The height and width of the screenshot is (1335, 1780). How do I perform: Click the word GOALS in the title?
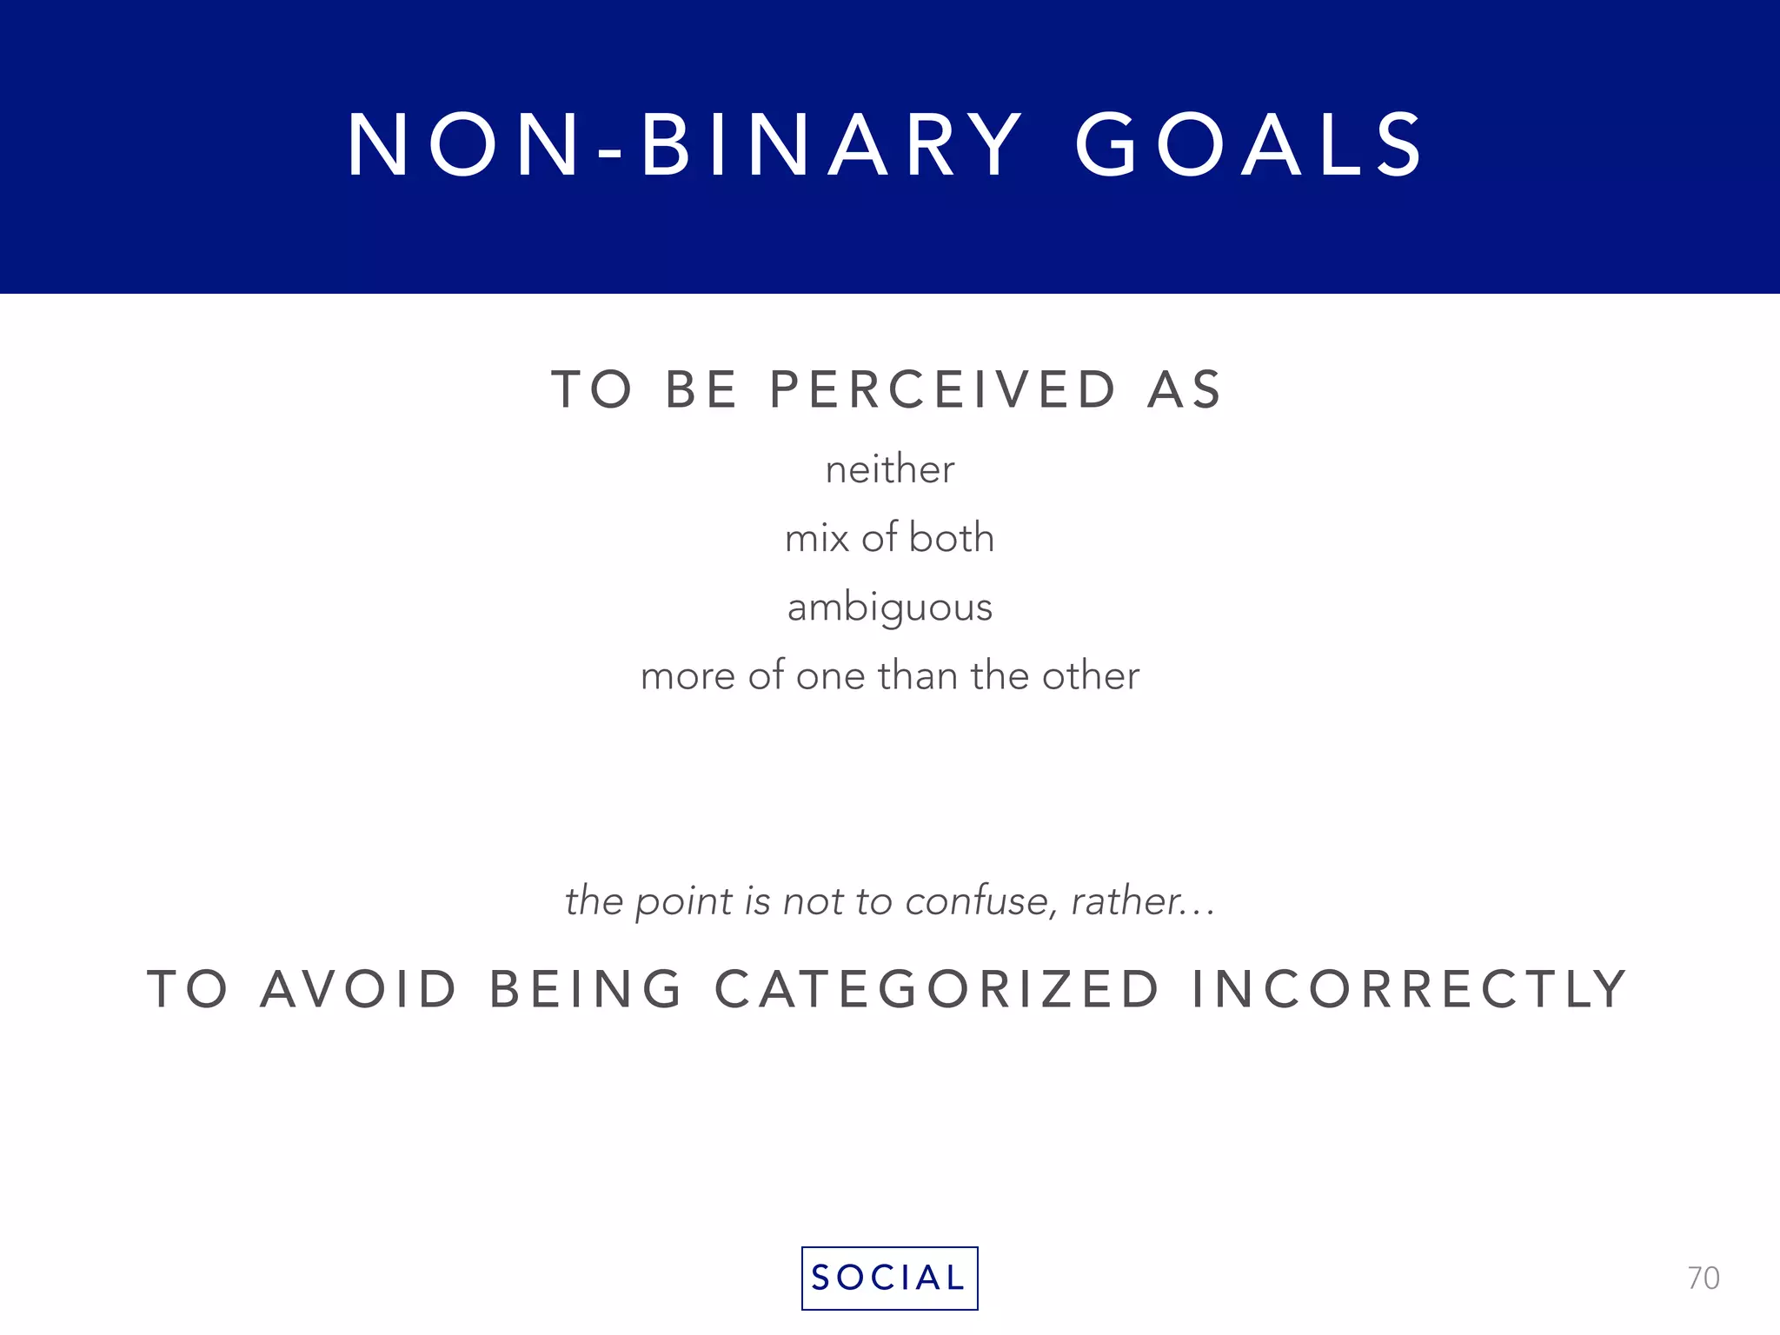pyautogui.click(x=1249, y=145)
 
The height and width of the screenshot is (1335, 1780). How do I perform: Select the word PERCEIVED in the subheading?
pyautogui.click(x=943, y=389)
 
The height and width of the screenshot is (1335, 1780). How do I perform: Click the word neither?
pyautogui.click(x=890, y=470)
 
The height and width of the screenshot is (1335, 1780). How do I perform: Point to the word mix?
pyautogui.click(x=816, y=539)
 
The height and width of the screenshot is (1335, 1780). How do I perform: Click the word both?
pyautogui.click(x=951, y=537)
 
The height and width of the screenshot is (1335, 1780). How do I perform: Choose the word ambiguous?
pyautogui.click(x=890, y=608)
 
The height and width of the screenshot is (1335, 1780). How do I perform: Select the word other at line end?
pyautogui.click(x=1091, y=675)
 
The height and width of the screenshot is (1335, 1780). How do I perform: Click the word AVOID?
pyautogui.click(x=358, y=989)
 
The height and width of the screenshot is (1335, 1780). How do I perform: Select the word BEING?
pyautogui.click(x=586, y=989)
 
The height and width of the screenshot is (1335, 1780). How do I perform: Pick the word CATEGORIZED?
pyautogui.click(x=937, y=989)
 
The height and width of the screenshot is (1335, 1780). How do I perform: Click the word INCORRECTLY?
pyautogui.click(x=1409, y=989)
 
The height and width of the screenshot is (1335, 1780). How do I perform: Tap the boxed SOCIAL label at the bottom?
pyautogui.click(x=889, y=1278)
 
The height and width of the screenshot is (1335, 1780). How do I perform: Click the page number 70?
pyautogui.click(x=1703, y=1279)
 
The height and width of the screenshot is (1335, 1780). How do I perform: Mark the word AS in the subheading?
pyautogui.click(x=1185, y=389)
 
